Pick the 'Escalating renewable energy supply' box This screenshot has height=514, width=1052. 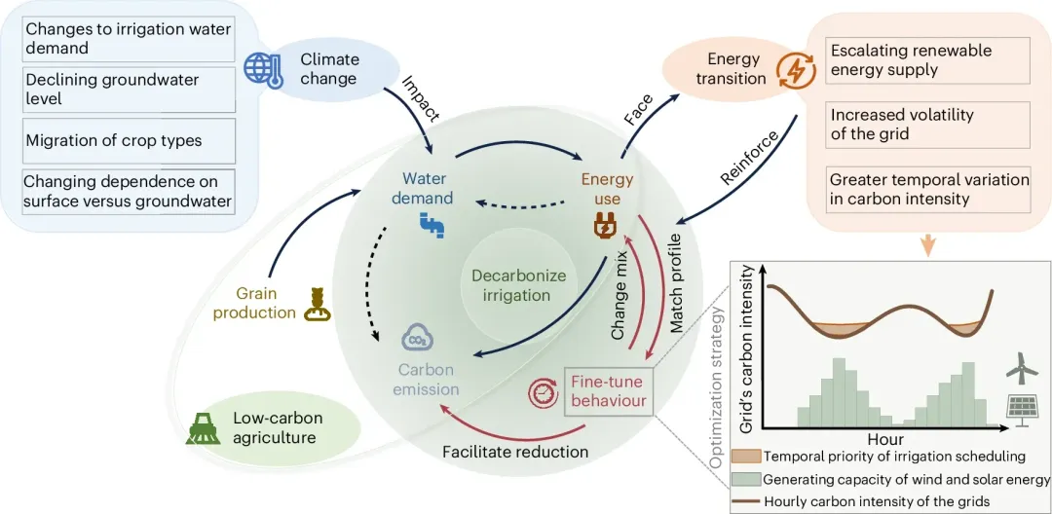pos(925,59)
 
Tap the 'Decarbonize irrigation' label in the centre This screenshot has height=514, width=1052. pos(518,284)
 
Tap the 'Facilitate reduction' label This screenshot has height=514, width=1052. pos(515,452)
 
